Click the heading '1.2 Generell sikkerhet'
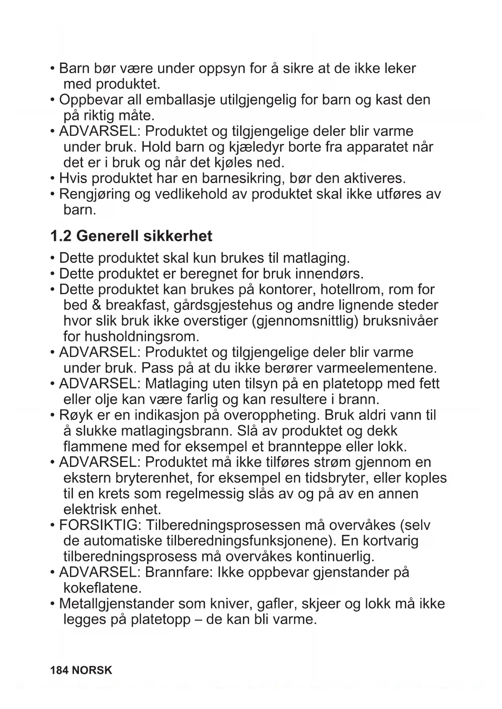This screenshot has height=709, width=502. coord(131,236)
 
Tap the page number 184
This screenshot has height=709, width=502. coord(59,671)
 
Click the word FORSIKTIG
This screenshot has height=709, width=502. coord(98,525)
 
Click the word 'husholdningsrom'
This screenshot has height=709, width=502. coord(131,337)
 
